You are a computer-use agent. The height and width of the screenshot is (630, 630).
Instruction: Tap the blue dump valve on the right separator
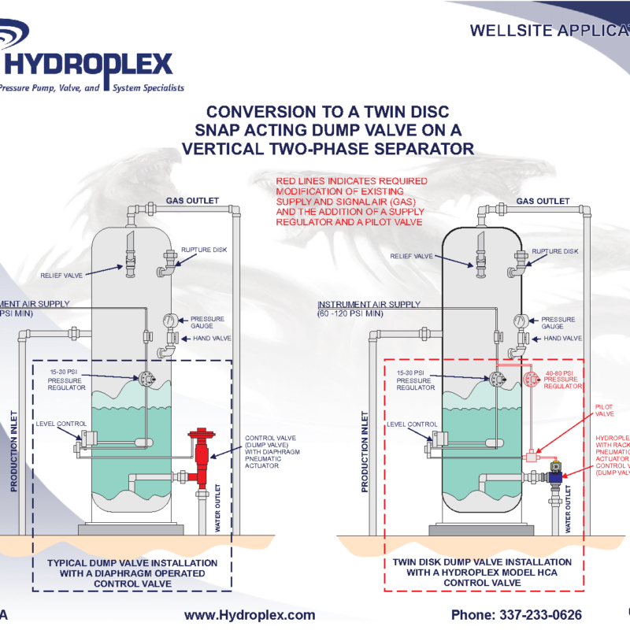point(554,475)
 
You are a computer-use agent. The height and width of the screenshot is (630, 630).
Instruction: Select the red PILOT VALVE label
point(604,409)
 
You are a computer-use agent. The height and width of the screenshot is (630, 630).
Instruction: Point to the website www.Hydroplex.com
point(250,615)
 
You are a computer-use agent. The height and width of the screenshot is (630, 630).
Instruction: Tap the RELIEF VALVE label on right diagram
point(413,256)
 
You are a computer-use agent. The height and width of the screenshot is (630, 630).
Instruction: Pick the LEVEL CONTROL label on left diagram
point(60,424)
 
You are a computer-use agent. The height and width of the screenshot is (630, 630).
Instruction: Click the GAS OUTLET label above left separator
point(192,201)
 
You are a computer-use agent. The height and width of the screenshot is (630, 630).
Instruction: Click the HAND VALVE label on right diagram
point(562,338)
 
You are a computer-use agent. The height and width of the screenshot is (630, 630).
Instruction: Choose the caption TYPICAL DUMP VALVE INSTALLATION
point(132,563)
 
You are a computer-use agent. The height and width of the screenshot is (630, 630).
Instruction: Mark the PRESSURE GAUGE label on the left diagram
point(207,322)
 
